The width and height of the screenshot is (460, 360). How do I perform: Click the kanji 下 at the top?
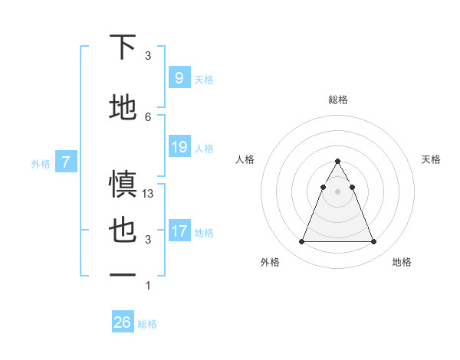coord(123,47)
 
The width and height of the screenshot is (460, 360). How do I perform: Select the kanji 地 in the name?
coord(123,106)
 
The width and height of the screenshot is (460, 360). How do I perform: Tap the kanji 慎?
coord(123,185)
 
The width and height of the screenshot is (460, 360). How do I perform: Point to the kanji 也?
coord(123,231)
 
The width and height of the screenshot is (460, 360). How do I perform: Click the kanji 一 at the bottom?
coord(123,274)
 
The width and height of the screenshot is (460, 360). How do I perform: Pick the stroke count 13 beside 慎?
coord(149,194)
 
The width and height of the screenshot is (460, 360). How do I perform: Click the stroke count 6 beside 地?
coord(148,116)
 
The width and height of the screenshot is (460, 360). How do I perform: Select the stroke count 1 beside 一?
coord(148,286)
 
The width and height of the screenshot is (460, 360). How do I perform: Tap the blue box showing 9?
coord(179,77)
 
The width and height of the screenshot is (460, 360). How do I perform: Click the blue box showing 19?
coord(179,147)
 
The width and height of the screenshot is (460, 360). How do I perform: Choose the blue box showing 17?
coord(179,231)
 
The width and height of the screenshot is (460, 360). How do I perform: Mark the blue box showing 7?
coord(67,162)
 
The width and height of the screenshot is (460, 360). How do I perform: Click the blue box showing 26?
coord(123,322)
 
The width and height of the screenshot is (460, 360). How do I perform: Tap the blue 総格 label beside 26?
coord(148,324)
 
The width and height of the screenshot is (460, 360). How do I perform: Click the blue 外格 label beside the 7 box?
coord(41,163)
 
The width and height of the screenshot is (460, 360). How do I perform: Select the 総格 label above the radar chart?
coord(337,100)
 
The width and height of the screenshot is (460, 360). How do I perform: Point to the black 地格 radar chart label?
coord(402,262)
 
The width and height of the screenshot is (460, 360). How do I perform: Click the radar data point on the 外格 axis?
coord(301,242)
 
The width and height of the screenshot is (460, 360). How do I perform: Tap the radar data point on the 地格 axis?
coord(373,242)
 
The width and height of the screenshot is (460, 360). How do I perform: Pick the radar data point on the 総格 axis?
coord(337,162)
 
